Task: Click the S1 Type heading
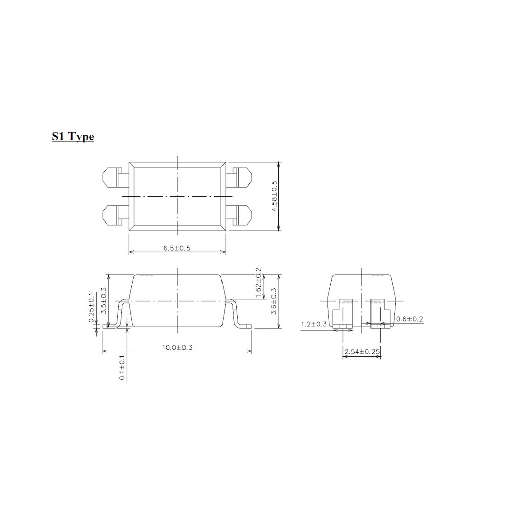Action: click(x=73, y=137)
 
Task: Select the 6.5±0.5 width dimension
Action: click(x=177, y=248)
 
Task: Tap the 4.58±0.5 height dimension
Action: click(x=274, y=196)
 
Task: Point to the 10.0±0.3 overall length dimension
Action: click(x=177, y=347)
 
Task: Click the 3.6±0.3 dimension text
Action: click(x=274, y=302)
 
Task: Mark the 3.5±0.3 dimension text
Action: click(x=103, y=301)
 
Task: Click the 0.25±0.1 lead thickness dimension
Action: click(x=91, y=308)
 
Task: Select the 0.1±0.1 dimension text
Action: click(x=122, y=367)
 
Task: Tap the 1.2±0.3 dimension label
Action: click(x=314, y=324)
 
